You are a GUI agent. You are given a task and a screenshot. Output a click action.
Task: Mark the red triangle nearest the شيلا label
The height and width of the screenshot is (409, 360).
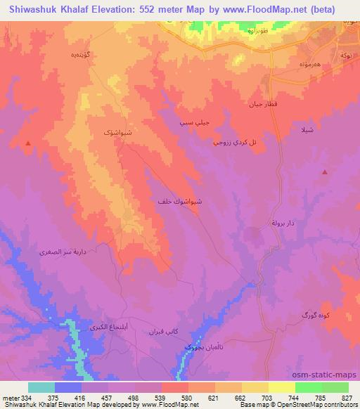click(324, 171)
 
